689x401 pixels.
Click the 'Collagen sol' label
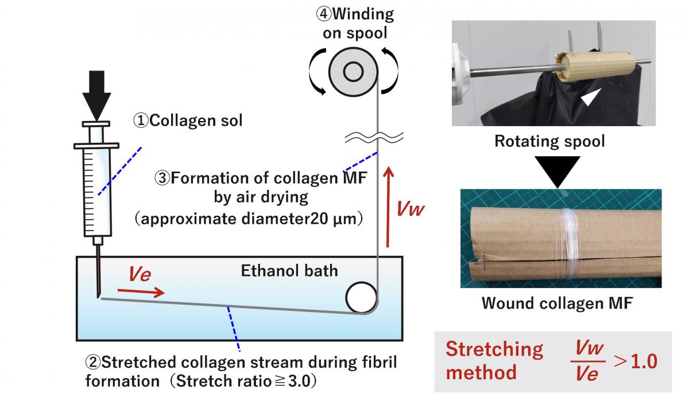point(188,120)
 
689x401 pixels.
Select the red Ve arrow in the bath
point(141,292)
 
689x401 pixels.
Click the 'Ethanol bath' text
point(289,271)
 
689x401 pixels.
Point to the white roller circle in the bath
point(361,297)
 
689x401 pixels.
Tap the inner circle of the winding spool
point(353,72)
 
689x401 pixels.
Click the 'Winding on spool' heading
point(355,24)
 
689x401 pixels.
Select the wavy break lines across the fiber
point(374,138)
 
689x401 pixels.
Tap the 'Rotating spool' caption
point(549,141)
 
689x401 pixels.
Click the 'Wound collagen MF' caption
point(557,303)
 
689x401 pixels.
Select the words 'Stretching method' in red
point(494,361)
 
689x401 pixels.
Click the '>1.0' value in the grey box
point(636,361)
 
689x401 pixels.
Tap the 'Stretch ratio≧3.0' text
point(243,381)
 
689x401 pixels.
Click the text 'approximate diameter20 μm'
point(249,219)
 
